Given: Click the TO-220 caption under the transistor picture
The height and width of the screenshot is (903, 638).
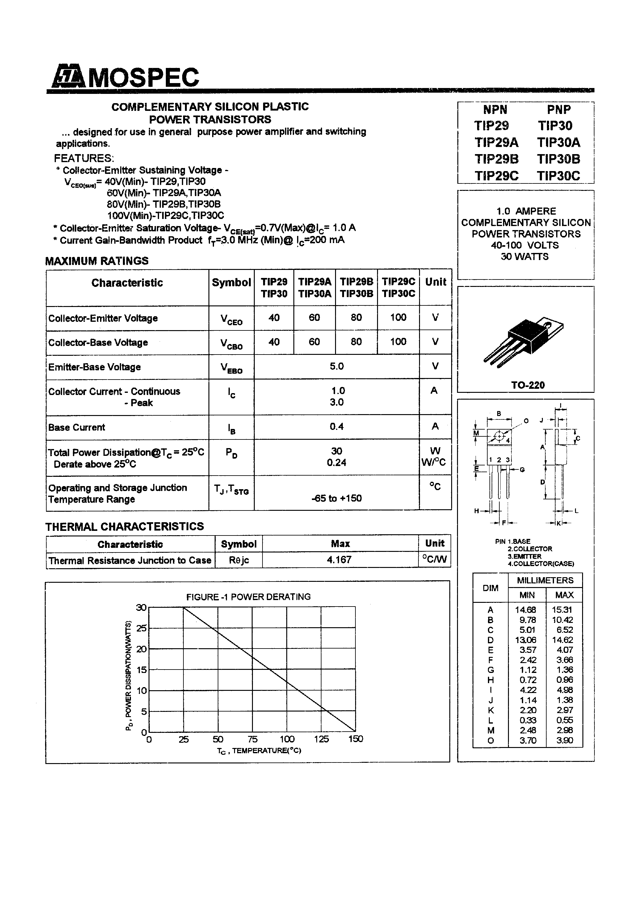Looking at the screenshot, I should [527, 385].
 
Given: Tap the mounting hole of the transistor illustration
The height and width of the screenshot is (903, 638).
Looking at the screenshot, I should [547, 324].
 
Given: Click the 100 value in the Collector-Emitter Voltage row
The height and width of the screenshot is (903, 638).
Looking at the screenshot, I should [398, 317].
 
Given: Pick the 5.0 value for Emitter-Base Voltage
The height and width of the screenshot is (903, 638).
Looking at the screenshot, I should [337, 366].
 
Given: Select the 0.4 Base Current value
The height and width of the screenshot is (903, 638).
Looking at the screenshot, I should [337, 426].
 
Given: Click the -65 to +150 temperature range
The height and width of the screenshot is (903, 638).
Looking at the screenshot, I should [336, 498].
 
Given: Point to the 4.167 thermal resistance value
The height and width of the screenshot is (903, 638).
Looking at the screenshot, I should [339, 559].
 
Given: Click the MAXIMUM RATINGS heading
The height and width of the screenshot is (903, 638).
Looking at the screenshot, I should [97, 261].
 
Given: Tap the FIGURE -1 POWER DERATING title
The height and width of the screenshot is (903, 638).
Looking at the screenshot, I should [248, 597].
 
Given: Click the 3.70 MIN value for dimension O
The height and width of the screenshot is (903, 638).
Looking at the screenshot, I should [527, 740].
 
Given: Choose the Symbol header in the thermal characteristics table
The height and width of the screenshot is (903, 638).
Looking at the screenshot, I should [238, 544].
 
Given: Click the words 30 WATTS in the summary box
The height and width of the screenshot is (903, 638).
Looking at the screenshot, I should [524, 256].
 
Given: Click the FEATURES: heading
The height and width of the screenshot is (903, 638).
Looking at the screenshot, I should [84, 158].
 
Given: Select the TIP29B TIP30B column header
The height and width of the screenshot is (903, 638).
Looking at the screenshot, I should [356, 288].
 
